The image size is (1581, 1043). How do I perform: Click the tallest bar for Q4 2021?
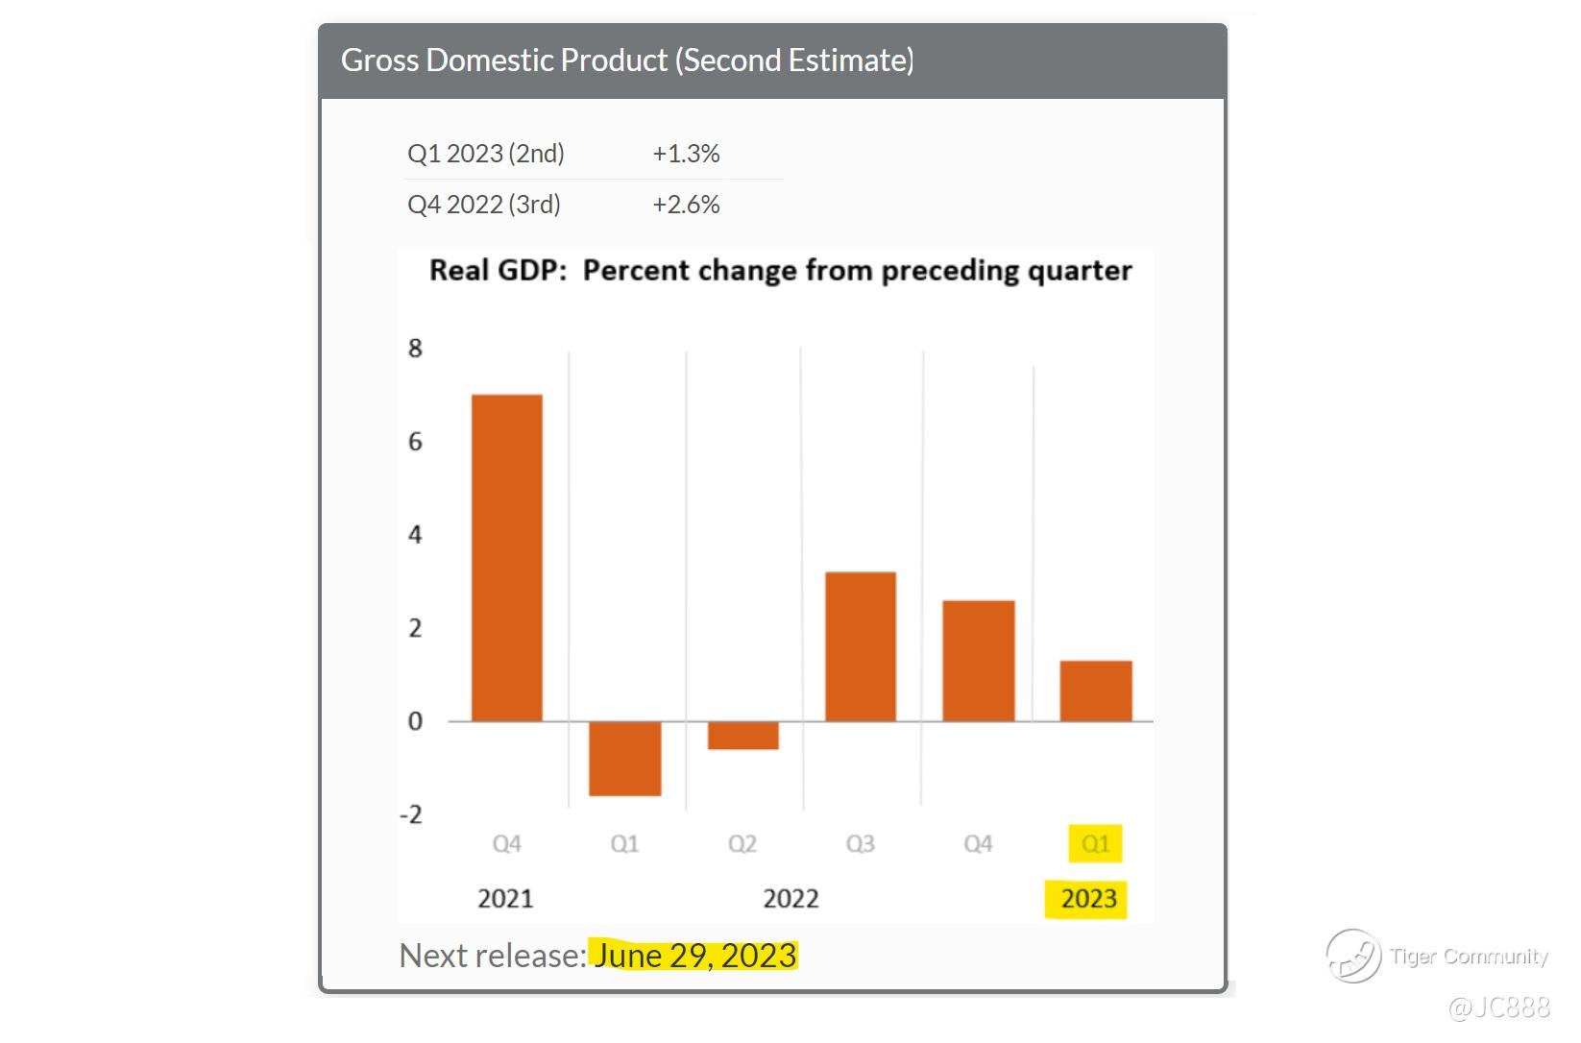pos(506,557)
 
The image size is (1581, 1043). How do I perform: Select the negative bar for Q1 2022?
pos(624,758)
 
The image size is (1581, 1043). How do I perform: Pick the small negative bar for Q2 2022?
pos(742,735)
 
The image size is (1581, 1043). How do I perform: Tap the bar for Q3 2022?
pos(861,646)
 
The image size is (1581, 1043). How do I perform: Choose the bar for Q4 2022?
pos(978,661)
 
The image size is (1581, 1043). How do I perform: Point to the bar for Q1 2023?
pos(1096,691)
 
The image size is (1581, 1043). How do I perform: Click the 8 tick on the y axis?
pos(415,349)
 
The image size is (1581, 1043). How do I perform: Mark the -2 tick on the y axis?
pos(411,814)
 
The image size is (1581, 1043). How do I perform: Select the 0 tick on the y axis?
pos(415,721)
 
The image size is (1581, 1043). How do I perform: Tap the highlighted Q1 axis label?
pos(1095,844)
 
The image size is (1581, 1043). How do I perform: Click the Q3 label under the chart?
pos(860,844)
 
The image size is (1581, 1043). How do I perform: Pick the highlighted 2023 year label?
pos(1088,899)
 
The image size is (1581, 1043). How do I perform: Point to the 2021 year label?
pos(505,899)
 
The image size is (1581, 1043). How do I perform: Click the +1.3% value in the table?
pos(686,154)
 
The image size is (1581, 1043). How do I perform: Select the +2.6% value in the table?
pos(686,205)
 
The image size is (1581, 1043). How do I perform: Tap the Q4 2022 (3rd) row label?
pos(484,205)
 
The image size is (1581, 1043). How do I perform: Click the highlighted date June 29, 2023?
pos(694,956)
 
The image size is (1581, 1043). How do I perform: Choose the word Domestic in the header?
pos(547,61)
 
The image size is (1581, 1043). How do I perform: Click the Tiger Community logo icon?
pos(1353,956)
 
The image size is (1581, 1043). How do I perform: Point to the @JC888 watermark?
pos(1498,1007)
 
